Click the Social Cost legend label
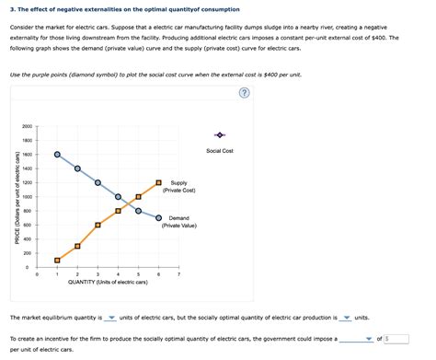219,150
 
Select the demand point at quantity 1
57,155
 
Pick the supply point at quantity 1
57,260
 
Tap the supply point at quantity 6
158,182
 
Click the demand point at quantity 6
158,218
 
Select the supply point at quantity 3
98,225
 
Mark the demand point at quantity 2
77,168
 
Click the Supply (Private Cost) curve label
178,187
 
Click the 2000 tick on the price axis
28,126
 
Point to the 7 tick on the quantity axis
179,274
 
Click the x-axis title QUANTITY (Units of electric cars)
108,283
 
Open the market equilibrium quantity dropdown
111,318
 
